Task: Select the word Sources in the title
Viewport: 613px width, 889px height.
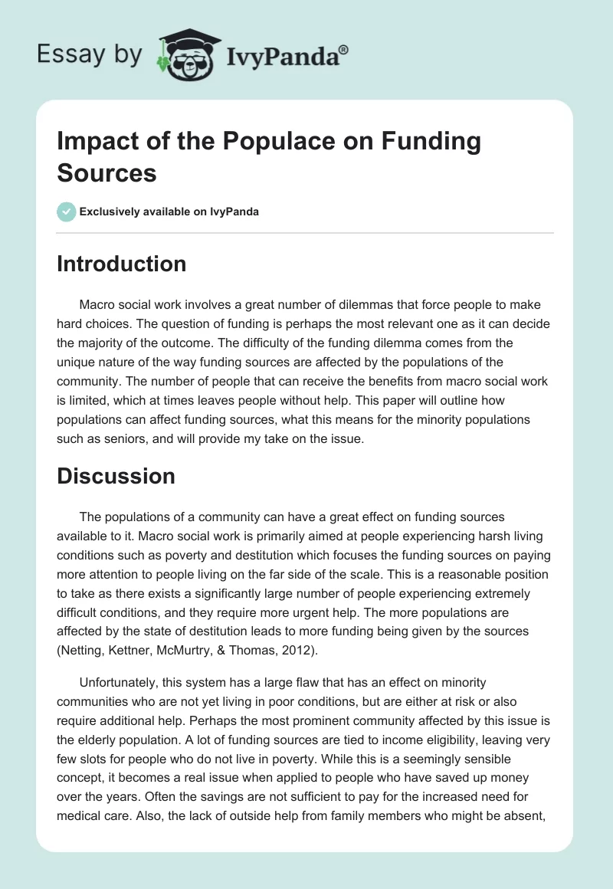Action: pos(107,172)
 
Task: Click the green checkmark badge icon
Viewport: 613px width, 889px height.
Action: pos(67,212)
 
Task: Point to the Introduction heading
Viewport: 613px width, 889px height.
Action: pos(121,264)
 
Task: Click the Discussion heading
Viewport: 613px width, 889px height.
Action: pos(116,476)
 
